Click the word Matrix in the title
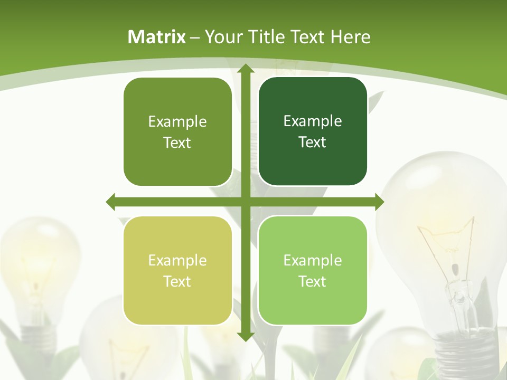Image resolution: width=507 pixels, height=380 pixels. (157, 37)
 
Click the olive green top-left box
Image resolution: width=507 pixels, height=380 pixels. (177, 132)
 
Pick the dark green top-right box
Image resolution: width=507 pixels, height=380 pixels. (313, 131)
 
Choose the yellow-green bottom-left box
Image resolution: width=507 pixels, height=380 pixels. (177, 271)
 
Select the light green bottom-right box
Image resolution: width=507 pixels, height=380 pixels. (313, 270)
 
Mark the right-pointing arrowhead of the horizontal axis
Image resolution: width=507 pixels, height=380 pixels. (379, 202)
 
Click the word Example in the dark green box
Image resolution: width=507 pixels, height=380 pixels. (313, 121)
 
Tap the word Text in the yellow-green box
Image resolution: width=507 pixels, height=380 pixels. (177, 281)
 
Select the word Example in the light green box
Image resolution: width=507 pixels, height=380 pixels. (313, 260)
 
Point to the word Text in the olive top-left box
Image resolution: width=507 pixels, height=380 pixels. (177, 142)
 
